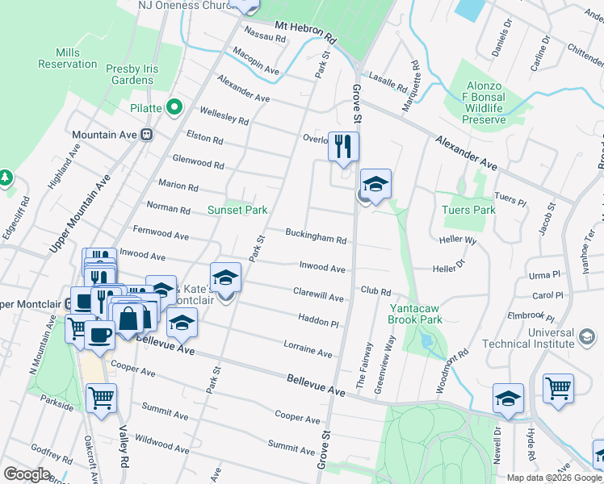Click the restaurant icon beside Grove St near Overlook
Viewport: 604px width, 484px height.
point(343,146)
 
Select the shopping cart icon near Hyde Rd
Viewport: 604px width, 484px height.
point(558,388)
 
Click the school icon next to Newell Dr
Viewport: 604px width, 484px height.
point(508,398)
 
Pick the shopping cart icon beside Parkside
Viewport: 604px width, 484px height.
point(101,398)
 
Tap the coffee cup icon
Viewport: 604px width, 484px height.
point(100,336)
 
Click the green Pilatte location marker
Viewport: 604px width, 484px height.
point(173,107)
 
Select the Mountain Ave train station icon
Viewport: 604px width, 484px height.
point(146,135)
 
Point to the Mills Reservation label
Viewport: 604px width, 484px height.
point(66,58)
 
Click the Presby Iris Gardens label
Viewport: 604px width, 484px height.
point(132,74)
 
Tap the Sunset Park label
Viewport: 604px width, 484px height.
point(237,210)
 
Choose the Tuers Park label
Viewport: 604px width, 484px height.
point(468,210)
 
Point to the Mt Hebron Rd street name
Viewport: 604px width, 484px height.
point(305,32)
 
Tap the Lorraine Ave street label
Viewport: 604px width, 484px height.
point(308,349)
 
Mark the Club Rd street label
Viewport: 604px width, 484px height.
point(375,290)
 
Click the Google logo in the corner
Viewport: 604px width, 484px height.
point(27,474)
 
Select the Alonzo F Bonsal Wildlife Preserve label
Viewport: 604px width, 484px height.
point(484,103)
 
